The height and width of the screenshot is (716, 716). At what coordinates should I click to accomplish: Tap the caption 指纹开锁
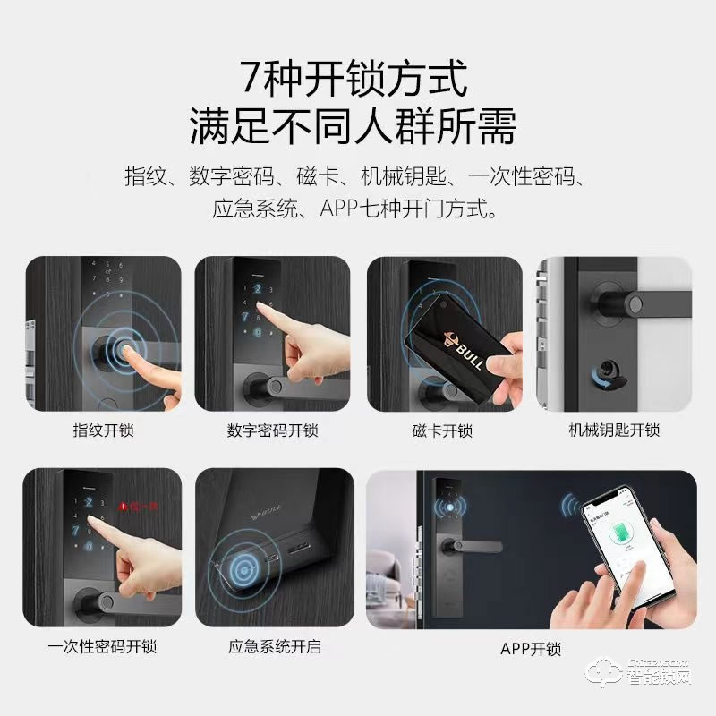click(102, 430)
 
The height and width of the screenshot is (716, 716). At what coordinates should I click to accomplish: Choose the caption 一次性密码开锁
click(102, 644)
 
